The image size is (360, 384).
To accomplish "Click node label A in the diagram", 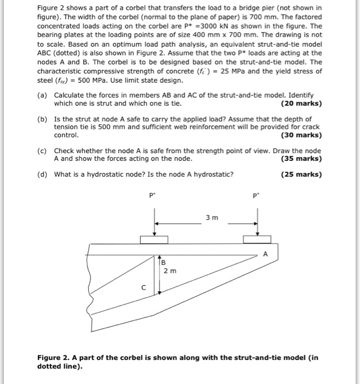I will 266,253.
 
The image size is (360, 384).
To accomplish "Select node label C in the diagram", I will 144,286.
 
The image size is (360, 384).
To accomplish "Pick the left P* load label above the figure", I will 153,194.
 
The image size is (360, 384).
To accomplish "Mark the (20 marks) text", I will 301,103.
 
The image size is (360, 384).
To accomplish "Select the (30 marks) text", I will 301,135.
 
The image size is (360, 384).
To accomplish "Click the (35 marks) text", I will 301,159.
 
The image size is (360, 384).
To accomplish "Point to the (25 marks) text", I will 301,175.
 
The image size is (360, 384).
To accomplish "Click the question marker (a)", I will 43,95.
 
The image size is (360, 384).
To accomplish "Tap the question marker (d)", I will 43,175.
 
